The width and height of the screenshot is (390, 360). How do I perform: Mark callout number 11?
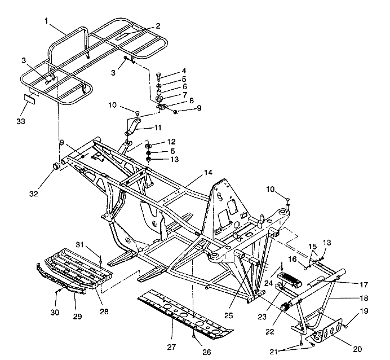click(158, 129)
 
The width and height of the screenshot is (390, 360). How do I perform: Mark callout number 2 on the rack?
click(158, 26)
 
